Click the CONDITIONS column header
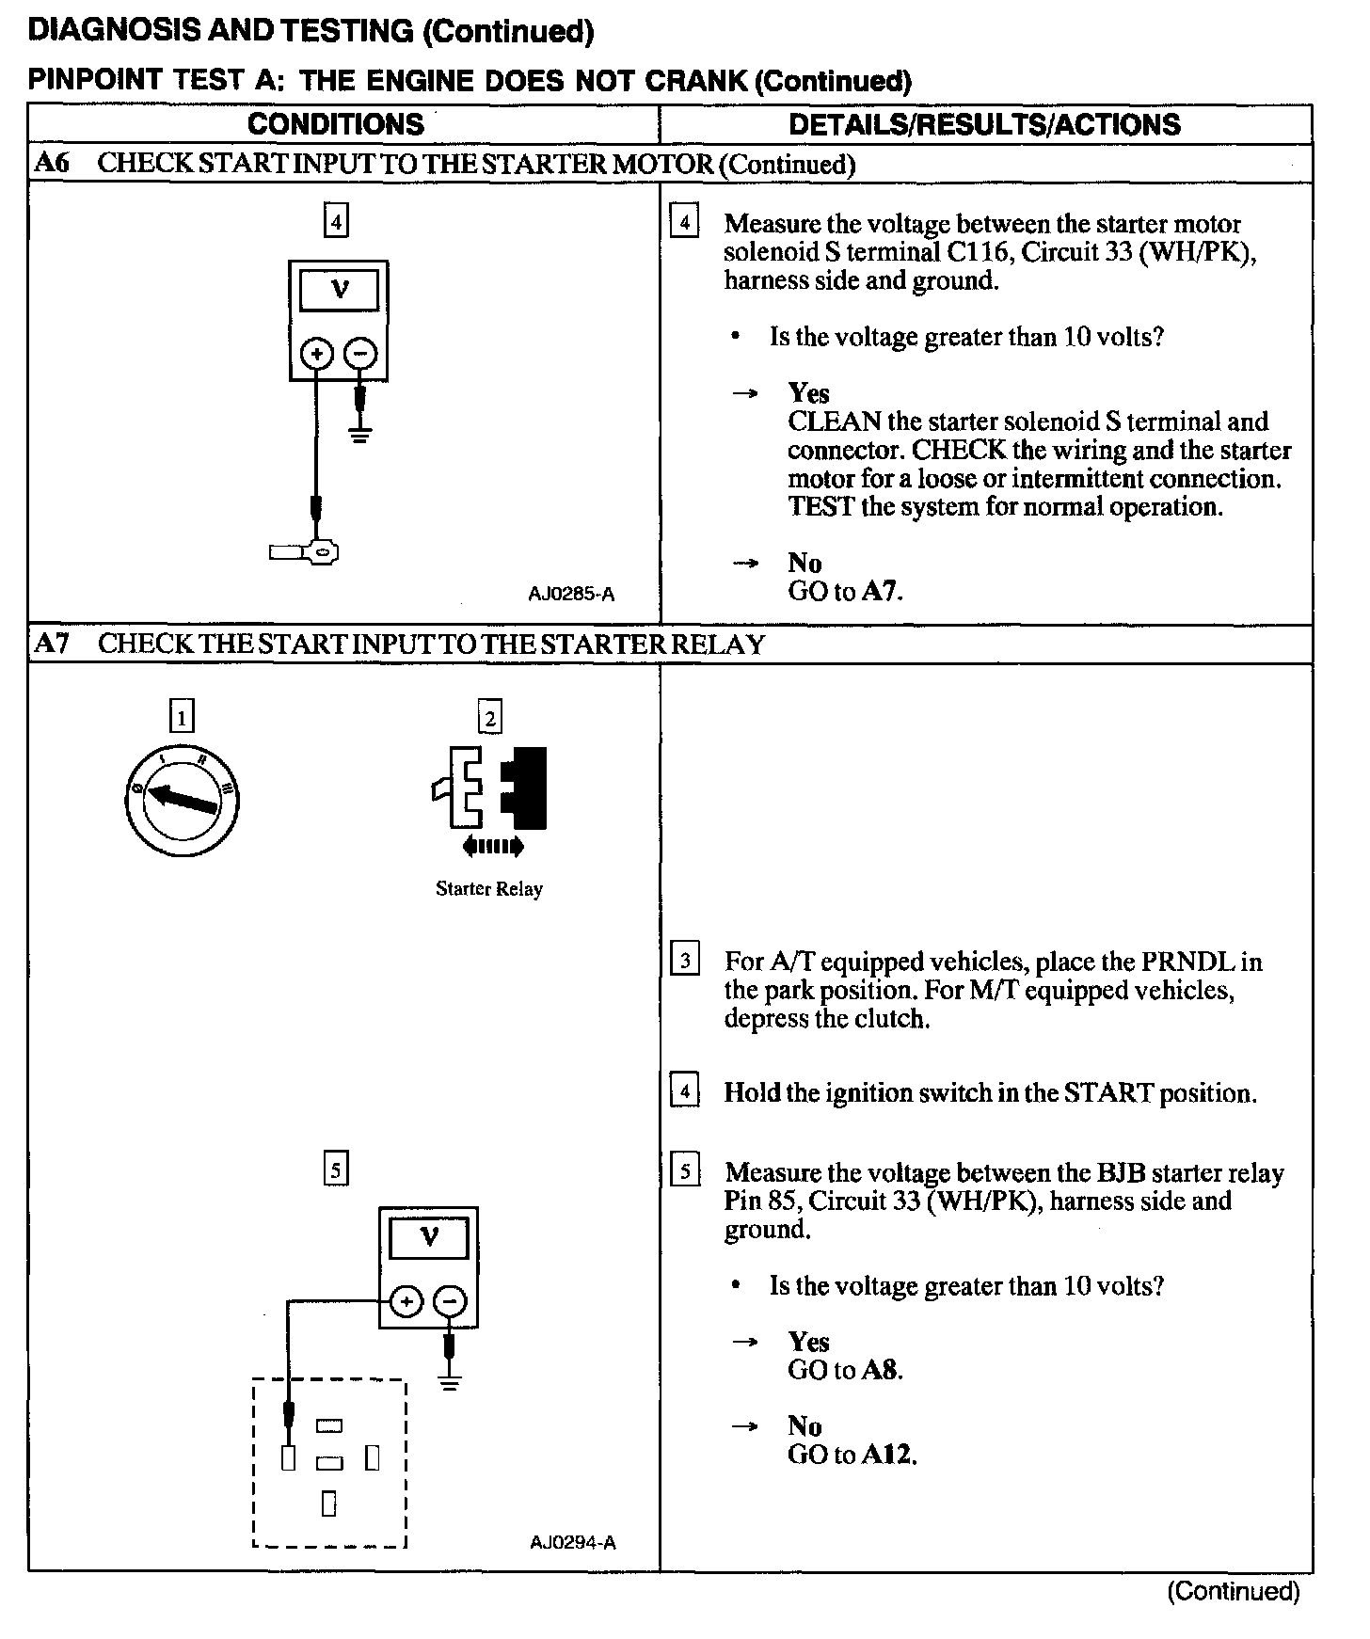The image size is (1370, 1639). coord(336,124)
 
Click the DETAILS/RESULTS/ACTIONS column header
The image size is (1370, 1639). coord(984,124)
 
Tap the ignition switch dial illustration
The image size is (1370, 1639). coord(182,799)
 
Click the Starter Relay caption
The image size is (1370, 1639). coord(488,889)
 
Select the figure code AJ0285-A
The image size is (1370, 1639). coord(571,594)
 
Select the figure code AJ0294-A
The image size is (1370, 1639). coord(572,1542)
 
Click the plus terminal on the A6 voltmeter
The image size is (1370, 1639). coord(317,355)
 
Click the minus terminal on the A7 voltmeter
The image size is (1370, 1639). coord(451,1302)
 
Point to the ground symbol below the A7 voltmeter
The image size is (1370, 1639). coord(451,1382)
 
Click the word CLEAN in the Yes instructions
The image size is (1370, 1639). coord(834,422)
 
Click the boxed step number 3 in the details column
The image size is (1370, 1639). coord(684,961)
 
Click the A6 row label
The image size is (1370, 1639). coord(52,163)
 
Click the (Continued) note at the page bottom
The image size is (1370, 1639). coord(1233,1591)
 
